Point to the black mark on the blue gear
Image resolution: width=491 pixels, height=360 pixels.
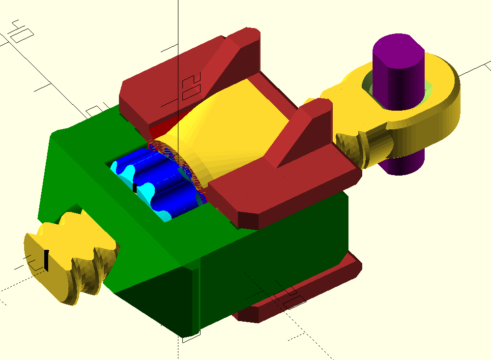click(x=135, y=188)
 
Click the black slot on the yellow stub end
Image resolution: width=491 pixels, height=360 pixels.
click(x=46, y=260)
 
